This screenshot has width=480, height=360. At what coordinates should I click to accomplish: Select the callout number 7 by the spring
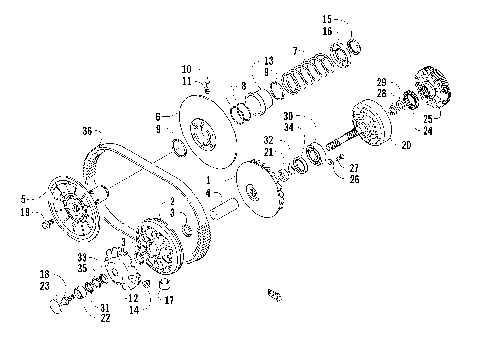click(295, 49)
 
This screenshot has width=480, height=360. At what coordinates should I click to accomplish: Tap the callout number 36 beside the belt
click(87, 131)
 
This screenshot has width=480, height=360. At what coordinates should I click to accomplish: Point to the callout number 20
click(405, 144)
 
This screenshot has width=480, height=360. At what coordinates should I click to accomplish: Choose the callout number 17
click(168, 300)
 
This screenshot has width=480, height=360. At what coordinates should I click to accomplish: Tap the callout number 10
click(185, 68)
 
